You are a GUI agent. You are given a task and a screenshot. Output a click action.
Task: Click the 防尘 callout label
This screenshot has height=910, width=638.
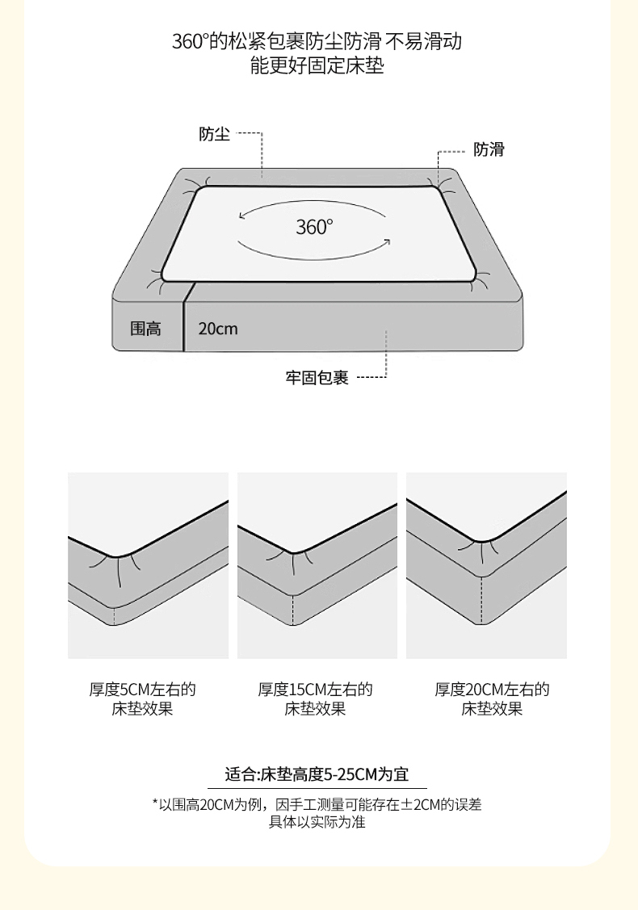tap(214, 134)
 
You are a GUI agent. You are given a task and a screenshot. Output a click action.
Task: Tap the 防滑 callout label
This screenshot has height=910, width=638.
tap(489, 149)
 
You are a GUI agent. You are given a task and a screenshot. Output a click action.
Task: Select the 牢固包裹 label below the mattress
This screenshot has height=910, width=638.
tap(317, 378)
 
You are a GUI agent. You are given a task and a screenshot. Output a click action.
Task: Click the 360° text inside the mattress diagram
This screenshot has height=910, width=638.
tap(315, 227)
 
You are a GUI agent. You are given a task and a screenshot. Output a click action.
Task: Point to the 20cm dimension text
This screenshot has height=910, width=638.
tap(218, 329)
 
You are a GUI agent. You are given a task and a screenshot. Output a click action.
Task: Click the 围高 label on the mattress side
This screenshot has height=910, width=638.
tap(145, 329)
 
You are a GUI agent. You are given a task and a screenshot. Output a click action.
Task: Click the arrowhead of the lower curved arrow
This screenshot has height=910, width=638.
tap(387, 242)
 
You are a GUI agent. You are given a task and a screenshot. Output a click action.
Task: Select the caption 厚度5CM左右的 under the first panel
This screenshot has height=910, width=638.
tap(142, 690)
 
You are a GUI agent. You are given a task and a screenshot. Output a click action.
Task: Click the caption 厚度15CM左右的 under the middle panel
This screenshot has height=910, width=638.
tap(315, 690)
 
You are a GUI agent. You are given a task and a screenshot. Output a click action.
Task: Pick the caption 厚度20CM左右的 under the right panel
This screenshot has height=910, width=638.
tap(493, 690)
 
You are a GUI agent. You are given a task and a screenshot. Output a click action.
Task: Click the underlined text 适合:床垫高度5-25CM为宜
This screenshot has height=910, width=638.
tap(317, 774)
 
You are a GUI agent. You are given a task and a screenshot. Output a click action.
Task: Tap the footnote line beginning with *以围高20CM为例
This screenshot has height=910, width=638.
tap(317, 804)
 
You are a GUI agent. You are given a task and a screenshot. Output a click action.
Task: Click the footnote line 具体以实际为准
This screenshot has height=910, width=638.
tap(317, 822)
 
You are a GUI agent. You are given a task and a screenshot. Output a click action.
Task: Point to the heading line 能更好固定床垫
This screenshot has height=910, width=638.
tap(317, 65)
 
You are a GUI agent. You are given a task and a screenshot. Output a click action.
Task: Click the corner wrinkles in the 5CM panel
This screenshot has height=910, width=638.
tap(118, 568)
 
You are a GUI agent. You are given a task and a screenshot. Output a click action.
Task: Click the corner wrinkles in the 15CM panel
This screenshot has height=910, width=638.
tap(292, 561)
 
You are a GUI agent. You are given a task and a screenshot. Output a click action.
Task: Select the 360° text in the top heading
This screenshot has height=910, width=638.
tap(190, 42)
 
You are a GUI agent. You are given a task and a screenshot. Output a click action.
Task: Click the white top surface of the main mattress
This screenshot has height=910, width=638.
tap(319, 233)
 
